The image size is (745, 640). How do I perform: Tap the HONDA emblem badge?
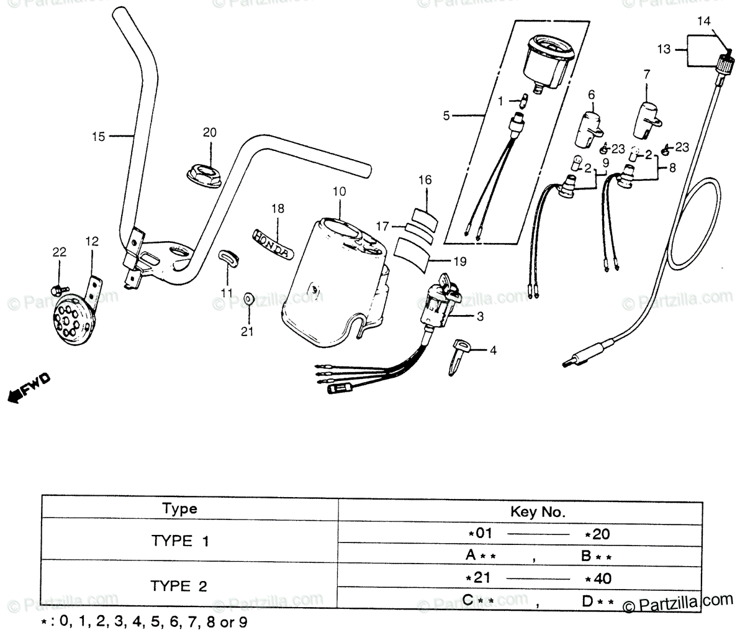(x=271, y=243)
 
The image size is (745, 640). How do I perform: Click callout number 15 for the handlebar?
(x=99, y=136)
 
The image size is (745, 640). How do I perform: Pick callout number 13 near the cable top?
(x=664, y=48)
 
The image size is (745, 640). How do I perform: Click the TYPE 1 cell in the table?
(x=180, y=541)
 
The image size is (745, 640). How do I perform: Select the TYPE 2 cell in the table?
(x=180, y=585)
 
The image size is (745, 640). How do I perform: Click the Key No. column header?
(x=538, y=512)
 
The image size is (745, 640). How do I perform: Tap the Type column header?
(x=179, y=509)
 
